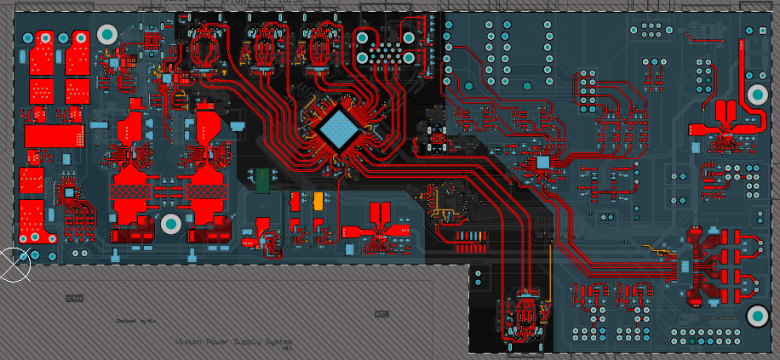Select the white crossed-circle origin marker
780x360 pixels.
coord(14,264)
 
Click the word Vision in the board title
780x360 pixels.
coord(188,341)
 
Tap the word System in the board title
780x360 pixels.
coord(278,341)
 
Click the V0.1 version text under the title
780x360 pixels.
coord(287,349)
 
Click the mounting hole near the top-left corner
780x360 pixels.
coord(107,34)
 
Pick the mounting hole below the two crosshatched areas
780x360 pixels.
coord(170,224)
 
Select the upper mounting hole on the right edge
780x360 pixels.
coord(757,94)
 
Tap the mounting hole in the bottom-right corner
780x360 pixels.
coord(757,317)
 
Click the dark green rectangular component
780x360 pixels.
coord(264,180)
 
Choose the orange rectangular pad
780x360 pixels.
coord(318,201)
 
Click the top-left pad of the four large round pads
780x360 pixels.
coord(363,37)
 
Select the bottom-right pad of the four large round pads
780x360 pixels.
coord(409,58)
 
